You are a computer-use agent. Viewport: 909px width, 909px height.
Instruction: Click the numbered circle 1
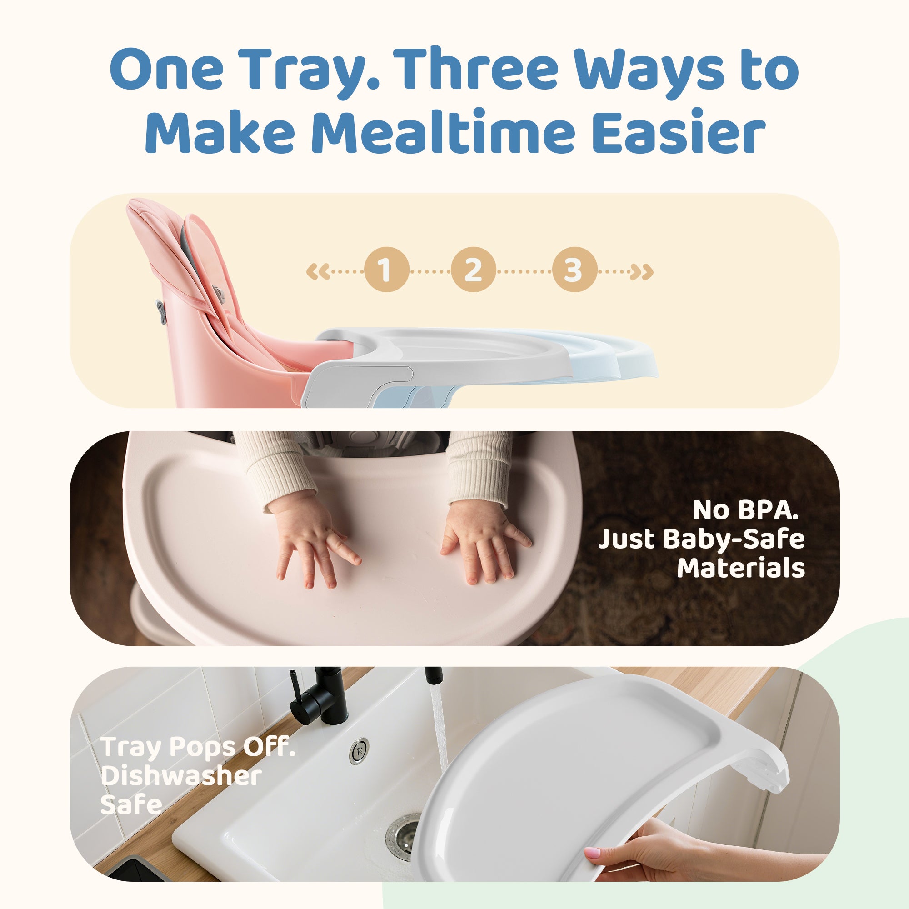click(386, 269)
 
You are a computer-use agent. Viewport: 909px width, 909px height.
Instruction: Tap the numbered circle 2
click(473, 269)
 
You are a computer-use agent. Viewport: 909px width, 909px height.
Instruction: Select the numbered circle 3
click(574, 269)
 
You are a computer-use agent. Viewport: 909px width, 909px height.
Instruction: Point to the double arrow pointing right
click(642, 271)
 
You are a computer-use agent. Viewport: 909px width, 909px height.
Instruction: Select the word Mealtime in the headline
click(443, 131)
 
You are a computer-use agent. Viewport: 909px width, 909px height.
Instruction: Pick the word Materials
click(740, 568)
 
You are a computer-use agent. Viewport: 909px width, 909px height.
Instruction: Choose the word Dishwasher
click(181, 775)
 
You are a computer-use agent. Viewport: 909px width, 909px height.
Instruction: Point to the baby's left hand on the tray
click(484, 541)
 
